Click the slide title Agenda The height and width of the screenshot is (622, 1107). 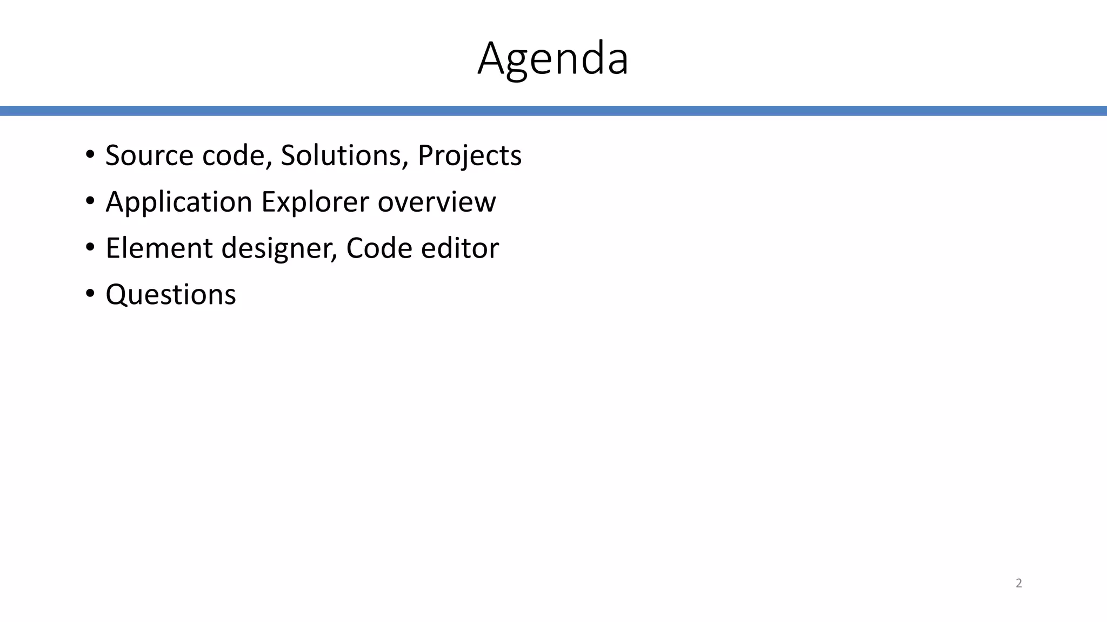[553, 58]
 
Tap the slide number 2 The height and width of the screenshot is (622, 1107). [1018, 583]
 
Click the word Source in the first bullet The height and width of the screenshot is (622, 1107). [149, 155]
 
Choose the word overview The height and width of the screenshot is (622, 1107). [436, 202]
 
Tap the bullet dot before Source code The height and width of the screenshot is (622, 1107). [90, 155]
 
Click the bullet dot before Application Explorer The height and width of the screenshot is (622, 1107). [90, 201]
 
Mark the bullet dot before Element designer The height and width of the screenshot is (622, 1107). [90, 248]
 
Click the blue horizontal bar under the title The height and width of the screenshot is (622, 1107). [553, 111]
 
